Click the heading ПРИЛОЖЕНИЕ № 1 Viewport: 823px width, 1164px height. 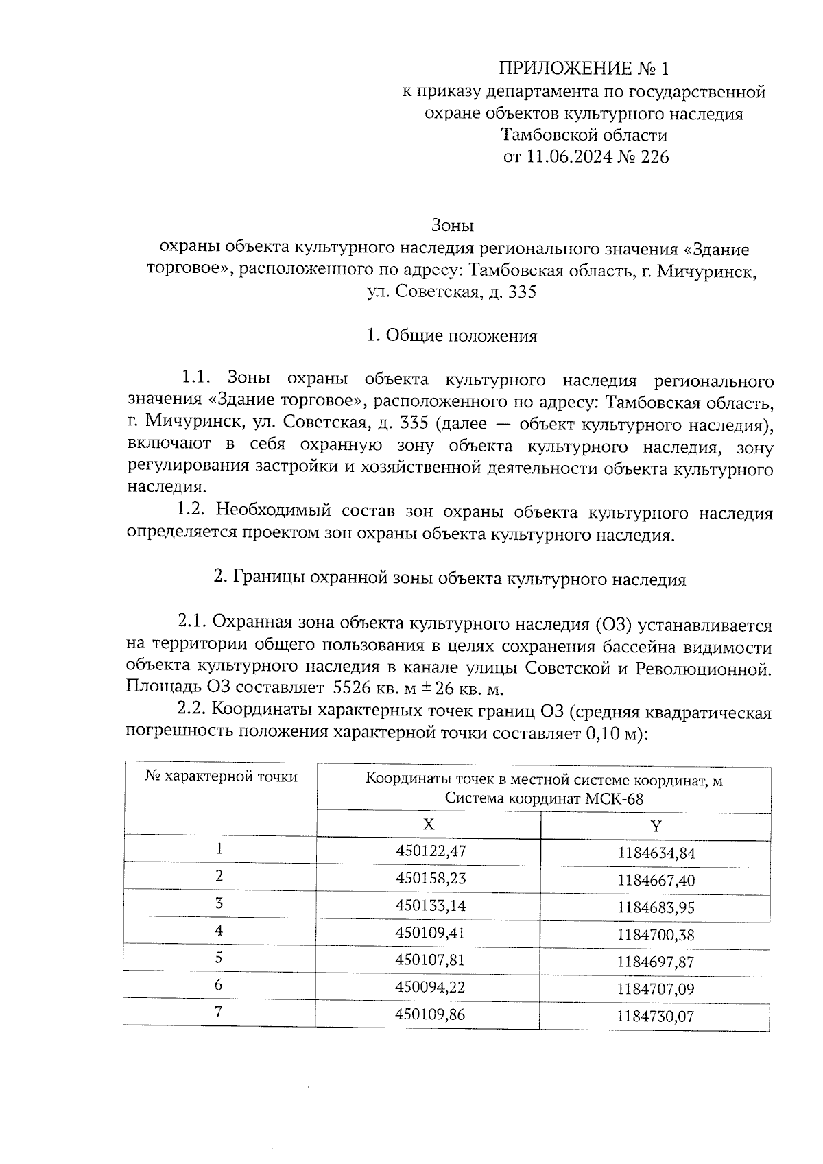tap(583, 69)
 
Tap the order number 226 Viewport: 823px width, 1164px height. tap(654, 157)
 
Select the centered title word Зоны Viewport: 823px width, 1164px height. tap(452, 225)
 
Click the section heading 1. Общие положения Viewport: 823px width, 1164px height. tap(452, 336)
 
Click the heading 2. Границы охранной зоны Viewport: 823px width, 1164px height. tap(450, 579)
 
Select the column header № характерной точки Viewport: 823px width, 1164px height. tap(221, 777)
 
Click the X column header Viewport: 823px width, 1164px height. tap(428, 824)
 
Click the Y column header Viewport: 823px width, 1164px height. tap(656, 827)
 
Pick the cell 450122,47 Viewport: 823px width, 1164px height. tap(431, 851)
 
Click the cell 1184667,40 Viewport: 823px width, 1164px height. tap(656, 881)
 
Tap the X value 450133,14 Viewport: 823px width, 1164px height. tap(431, 905)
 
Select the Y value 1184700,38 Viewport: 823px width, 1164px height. tap(656, 935)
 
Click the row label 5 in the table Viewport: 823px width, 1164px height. tap(219, 958)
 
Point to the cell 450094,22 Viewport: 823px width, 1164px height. tap(431, 986)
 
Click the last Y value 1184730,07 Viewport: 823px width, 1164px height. tap(656, 1016)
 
